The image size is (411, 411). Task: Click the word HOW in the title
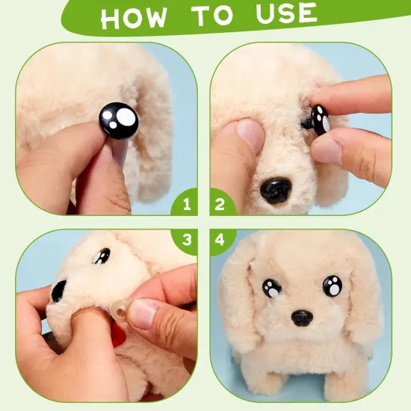[135, 18]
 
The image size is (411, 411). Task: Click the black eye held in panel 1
[120, 120]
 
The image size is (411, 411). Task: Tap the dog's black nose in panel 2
[276, 189]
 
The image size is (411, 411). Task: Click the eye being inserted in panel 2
[320, 120]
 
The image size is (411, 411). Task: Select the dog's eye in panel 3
[101, 256]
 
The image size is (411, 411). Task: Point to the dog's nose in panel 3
[58, 290]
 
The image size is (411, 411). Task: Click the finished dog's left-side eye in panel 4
[271, 288]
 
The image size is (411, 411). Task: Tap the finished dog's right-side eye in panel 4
[333, 285]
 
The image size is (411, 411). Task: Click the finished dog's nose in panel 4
[302, 318]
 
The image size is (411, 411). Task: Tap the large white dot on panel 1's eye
[127, 117]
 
